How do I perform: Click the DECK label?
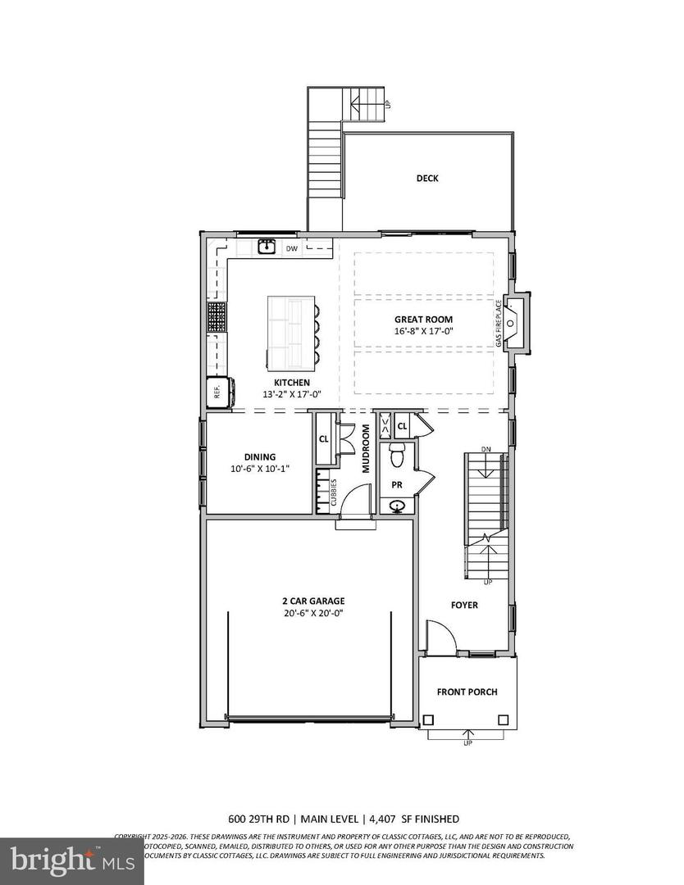(426, 178)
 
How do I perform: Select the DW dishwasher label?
(292, 248)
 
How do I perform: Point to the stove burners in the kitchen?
(217, 315)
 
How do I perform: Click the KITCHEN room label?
(291, 383)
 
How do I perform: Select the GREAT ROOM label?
(423, 320)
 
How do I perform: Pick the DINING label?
(259, 457)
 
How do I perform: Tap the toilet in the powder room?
(396, 453)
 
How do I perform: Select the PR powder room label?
(396, 484)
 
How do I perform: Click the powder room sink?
(398, 506)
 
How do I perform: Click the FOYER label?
(463, 605)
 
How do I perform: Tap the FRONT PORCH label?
(467, 692)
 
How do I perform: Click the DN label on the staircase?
(486, 449)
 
